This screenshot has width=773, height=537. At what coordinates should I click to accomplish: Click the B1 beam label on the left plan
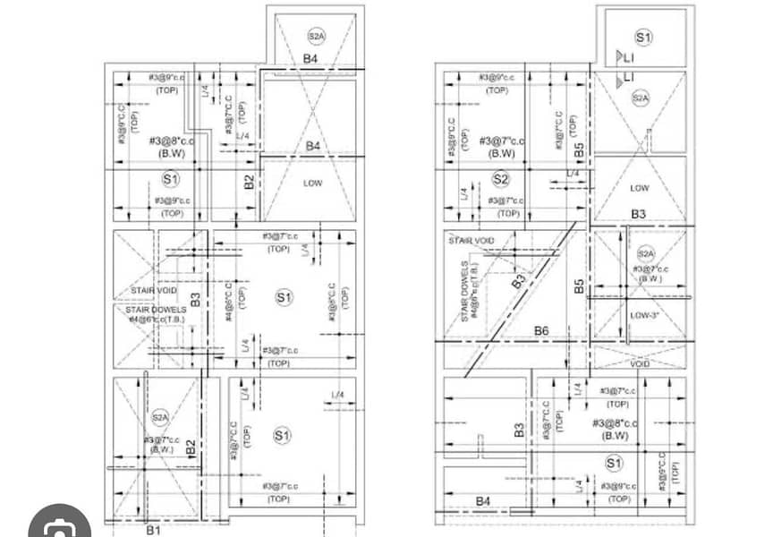point(153,529)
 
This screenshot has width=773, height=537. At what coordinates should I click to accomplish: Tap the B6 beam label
point(542,332)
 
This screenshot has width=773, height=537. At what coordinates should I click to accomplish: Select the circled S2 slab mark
point(500,179)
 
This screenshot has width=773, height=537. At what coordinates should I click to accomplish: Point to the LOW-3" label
point(644,315)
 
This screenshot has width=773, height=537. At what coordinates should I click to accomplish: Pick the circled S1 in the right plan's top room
point(642,37)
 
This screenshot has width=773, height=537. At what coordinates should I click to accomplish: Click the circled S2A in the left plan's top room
point(317,37)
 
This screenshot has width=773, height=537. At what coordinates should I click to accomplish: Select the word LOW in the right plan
point(640,188)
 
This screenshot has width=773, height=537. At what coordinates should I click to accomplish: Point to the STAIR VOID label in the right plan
point(471,241)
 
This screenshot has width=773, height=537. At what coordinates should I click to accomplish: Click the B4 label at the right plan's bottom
point(483,500)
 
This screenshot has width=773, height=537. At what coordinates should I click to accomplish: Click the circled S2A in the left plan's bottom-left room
point(160,416)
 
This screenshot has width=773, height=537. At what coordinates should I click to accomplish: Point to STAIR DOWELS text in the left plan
point(157,310)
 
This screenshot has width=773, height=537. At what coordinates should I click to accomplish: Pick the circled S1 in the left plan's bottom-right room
point(283,435)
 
